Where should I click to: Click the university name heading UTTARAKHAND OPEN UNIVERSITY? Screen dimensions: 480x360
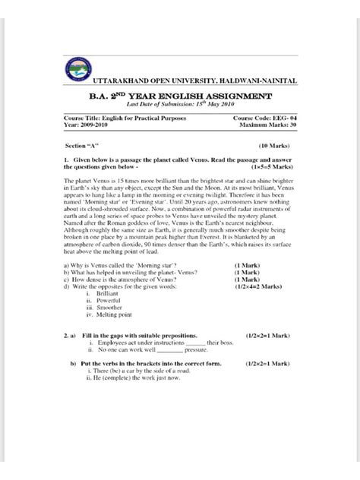(x=194, y=81)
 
